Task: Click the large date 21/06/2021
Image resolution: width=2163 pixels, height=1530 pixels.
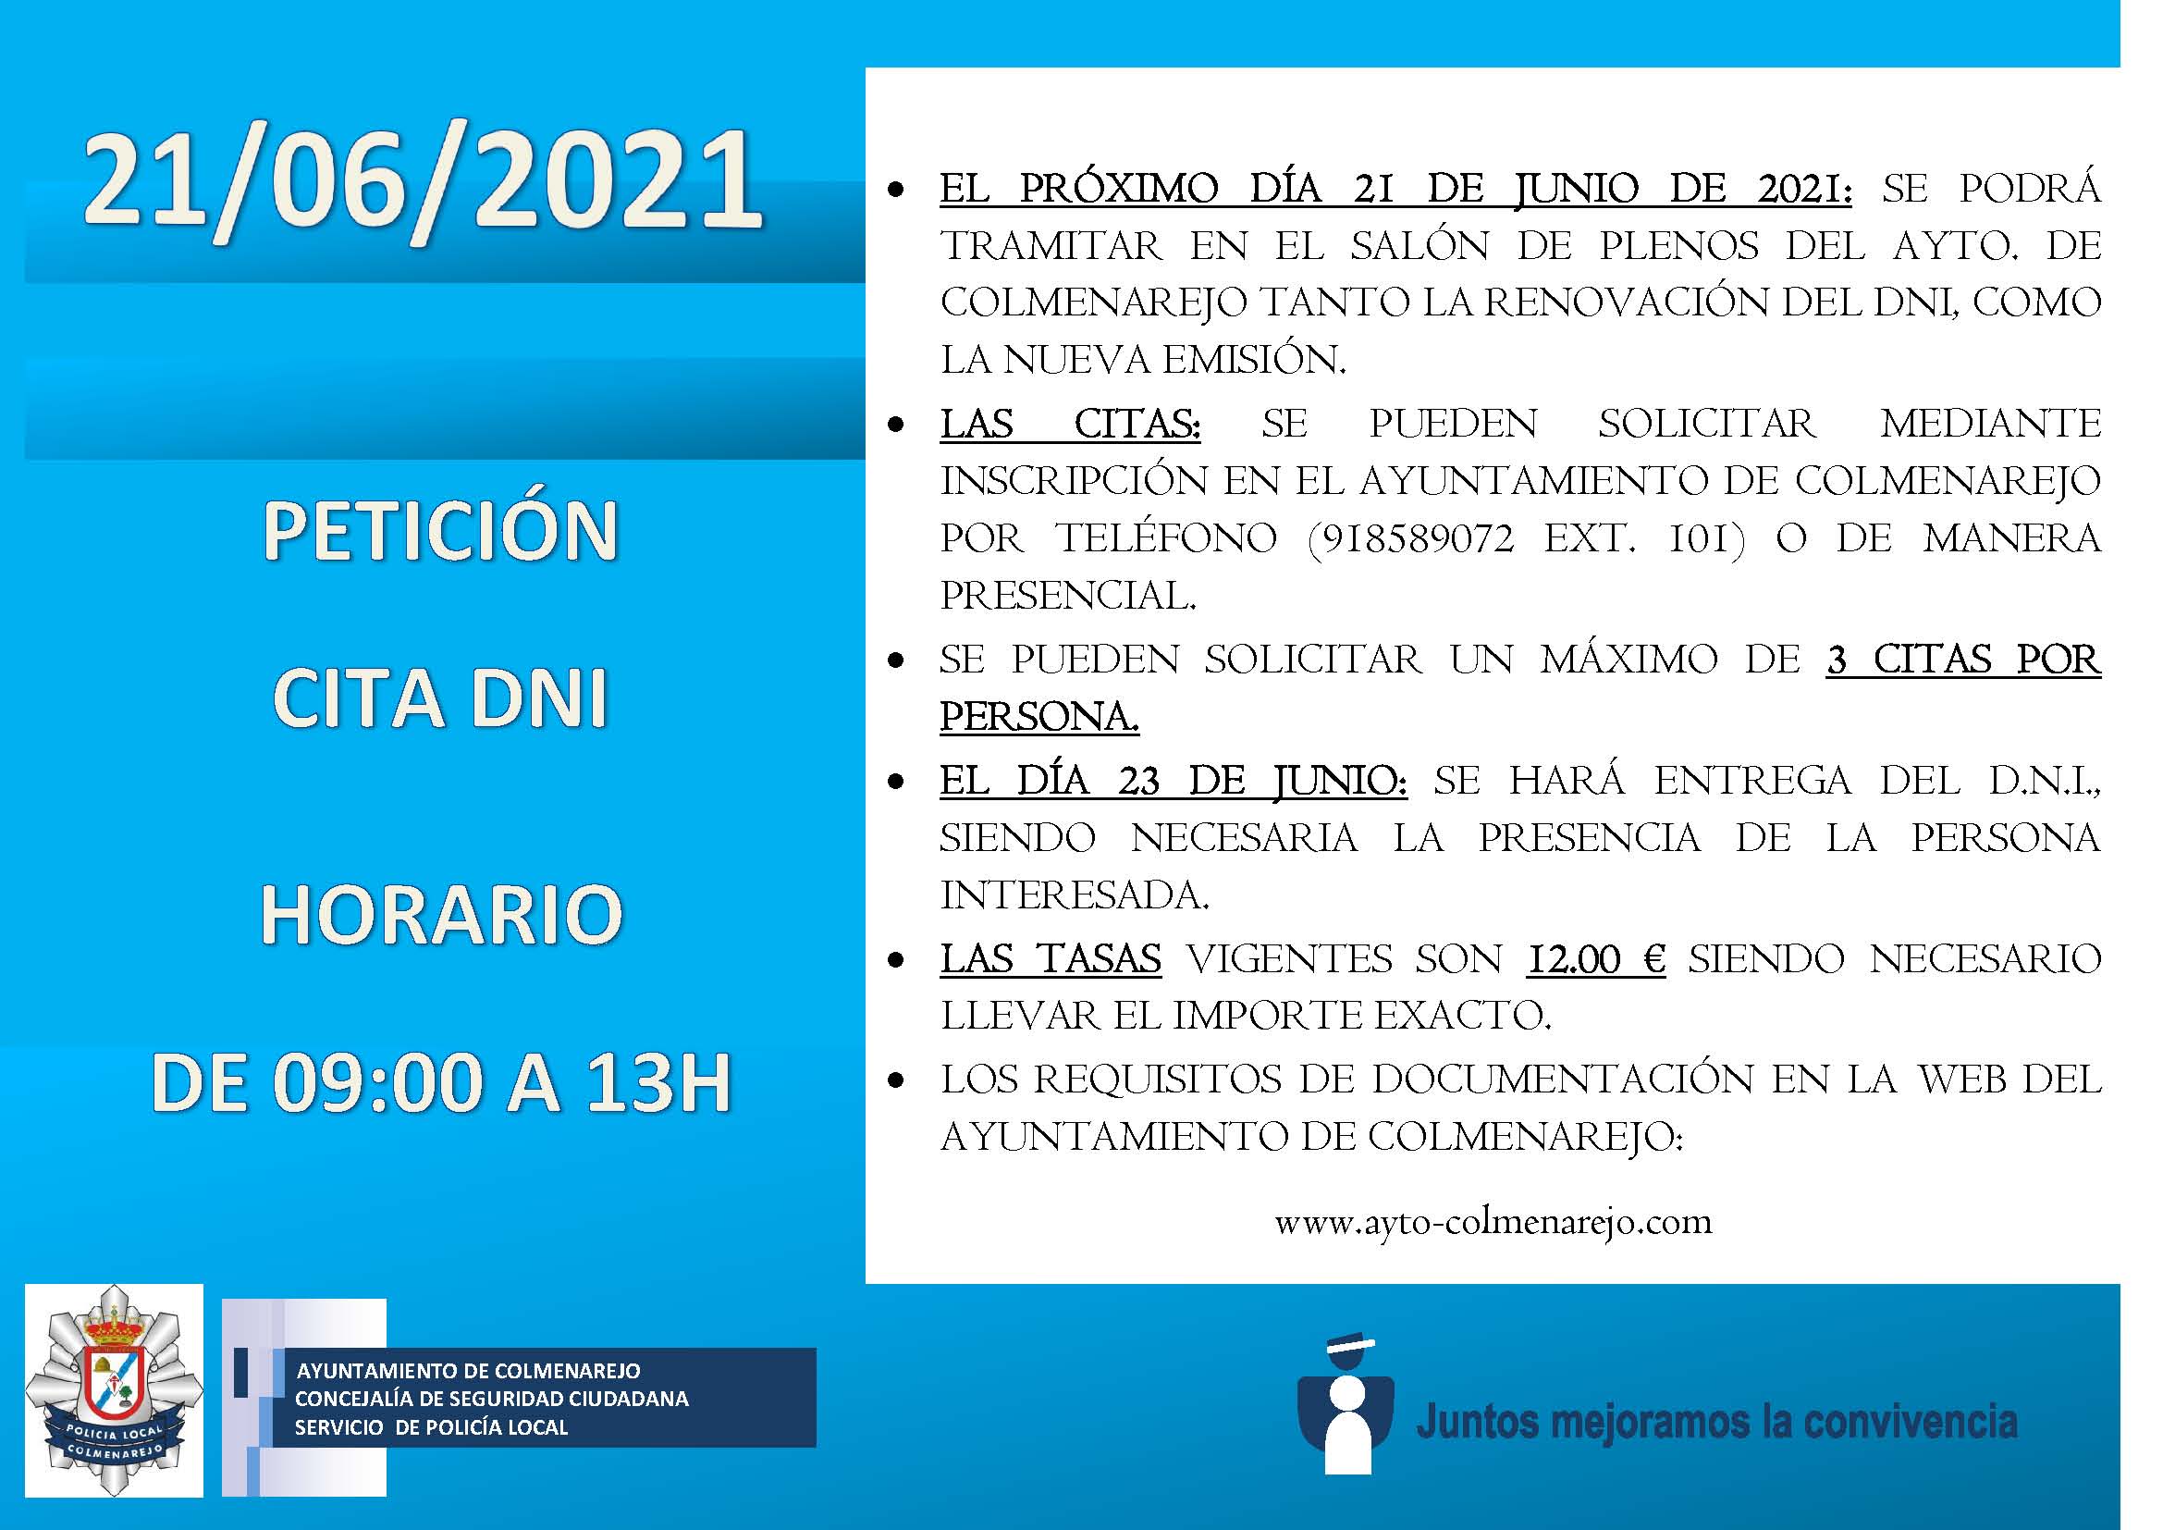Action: [x=422, y=185]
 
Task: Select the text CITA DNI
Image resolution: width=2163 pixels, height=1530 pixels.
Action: [x=440, y=698]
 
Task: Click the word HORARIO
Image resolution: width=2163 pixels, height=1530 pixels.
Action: [x=441, y=914]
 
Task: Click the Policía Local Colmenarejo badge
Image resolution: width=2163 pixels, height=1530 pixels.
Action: [x=114, y=1390]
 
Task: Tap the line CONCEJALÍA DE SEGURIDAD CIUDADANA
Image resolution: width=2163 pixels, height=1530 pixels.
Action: [x=492, y=1399]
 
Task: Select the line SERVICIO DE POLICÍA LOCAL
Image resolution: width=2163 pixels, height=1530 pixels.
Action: [x=432, y=1427]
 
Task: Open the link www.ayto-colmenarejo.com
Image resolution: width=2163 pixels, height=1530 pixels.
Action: [x=1493, y=1223]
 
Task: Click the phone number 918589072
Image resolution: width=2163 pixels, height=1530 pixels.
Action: [x=1419, y=539]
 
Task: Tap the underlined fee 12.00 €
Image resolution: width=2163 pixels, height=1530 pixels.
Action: [x=1597, y=959]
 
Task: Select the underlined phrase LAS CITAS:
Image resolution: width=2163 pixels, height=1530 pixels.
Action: [x=1070, y=424]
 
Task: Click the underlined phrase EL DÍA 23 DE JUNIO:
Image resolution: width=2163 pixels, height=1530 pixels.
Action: [x=1174, y=781]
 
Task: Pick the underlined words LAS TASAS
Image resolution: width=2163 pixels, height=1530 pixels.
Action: [x=1051, y=959]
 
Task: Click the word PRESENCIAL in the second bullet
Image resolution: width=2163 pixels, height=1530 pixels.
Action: [x=1068, y=596]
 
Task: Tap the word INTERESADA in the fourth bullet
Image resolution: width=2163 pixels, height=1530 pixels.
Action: [x=1074, y=895]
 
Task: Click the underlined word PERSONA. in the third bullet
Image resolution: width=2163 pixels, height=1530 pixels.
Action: [x=1039, y=717]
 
